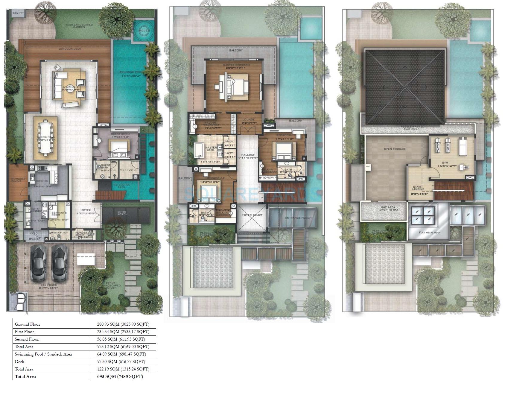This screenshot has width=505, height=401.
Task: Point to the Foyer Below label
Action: (252, 215)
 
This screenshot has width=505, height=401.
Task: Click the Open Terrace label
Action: (395, 149)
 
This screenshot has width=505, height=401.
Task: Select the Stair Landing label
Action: (418, 188)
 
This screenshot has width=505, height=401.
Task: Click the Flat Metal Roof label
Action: (430, 232)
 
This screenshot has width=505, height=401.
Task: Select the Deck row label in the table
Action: (20, 361)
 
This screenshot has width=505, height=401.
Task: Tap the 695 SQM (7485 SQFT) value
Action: (120, 376)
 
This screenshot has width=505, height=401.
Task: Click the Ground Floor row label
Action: (27, 324)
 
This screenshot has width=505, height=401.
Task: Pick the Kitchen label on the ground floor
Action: (42, 181)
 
